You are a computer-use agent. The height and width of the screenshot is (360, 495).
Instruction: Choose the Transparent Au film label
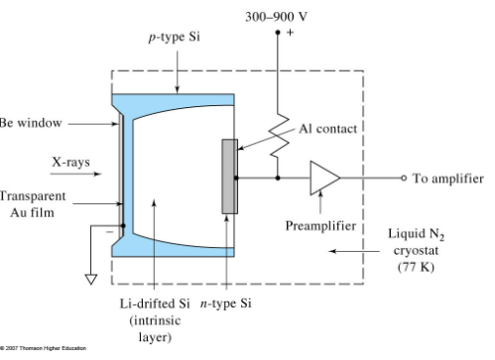[30, 202]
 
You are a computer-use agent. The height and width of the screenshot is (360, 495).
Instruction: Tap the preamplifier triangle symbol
[323, 180]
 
